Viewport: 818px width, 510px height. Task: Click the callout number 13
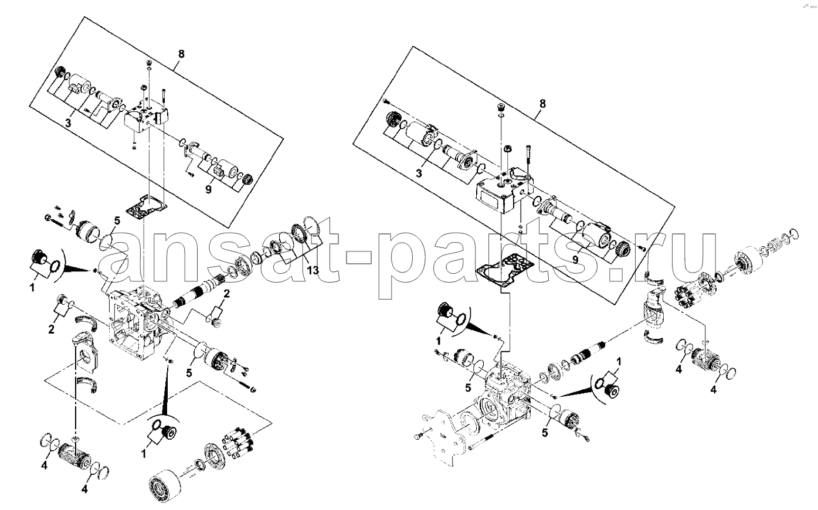313,270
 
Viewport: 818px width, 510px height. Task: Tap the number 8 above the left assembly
181,54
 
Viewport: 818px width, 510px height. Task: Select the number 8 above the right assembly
542,104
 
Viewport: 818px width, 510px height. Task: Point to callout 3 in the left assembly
68,123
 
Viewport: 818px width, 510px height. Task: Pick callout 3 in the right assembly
419,173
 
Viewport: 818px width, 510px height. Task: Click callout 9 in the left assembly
208,189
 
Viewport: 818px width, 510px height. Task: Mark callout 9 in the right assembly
575,260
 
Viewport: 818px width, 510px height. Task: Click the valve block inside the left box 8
145,117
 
